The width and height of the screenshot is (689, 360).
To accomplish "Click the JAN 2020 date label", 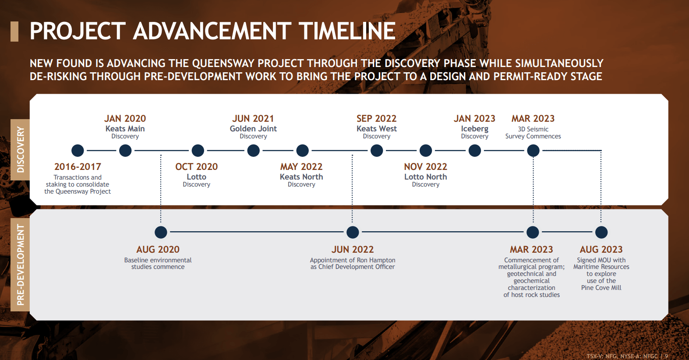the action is click(125, 118).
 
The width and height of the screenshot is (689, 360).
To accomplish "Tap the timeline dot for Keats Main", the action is click(125, 151).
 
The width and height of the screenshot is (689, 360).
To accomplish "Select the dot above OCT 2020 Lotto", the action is click(198, 151).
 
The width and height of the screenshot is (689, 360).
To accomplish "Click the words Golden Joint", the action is click(253, 128).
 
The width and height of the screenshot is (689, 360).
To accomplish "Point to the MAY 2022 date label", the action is click(301, 166).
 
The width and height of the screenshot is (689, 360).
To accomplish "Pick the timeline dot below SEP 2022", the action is click(377, 151).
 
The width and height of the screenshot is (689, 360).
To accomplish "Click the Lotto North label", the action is click(425, 177).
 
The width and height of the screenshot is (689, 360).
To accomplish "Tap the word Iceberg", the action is click(475, 129).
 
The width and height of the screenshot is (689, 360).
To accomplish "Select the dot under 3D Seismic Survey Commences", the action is click(533, 151).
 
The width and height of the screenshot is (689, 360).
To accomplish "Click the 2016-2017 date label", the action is click(78, 166).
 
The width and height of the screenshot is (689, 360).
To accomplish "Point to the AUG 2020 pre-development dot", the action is click(161, 233).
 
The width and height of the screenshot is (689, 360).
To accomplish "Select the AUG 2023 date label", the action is click(601, 249).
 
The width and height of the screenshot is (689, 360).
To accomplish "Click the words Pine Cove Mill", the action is click(601, 288).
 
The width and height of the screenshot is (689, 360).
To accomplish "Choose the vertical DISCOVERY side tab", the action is click(20, 150).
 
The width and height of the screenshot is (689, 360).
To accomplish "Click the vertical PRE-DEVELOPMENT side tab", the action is click(20, 265).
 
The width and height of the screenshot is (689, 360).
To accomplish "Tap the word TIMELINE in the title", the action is click(347, 31).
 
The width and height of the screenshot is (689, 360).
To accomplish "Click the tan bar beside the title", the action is click(14, 32).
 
